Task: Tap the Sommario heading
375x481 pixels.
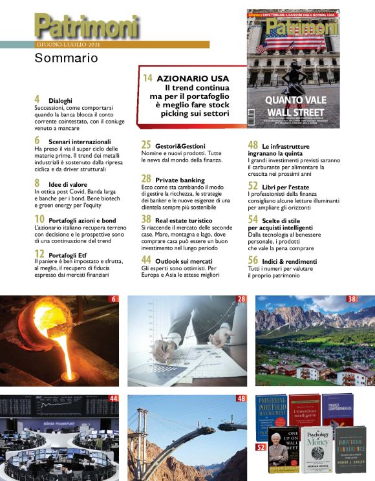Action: [x=66, y=58]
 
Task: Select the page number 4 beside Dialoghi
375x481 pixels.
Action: [x=37, y=99]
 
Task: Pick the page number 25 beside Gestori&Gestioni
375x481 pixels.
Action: [x=145, y=145]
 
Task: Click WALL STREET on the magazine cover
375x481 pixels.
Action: [x=295, y=111]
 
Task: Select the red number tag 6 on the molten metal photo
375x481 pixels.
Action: [x=114, y=299]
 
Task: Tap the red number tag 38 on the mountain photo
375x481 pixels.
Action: [x=352, y=299]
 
